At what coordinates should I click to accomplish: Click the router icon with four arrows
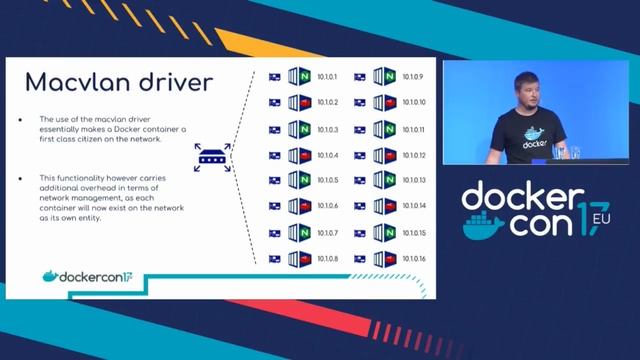coord(213,155)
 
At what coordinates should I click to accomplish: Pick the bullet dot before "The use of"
coord(20,118)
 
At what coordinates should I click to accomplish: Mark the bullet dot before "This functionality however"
coord(20,177)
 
